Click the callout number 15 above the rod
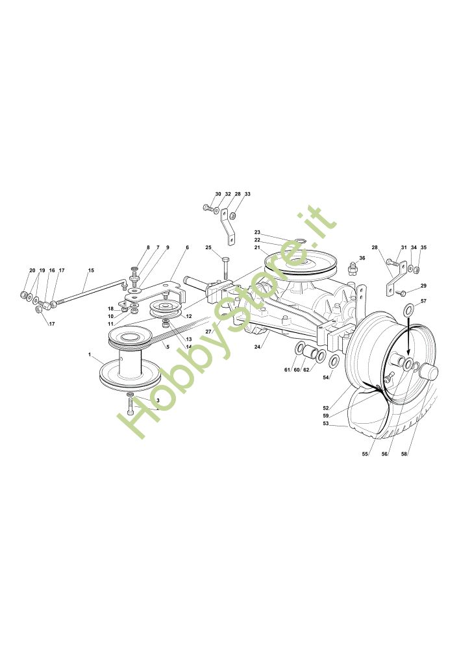click(x=91, y=270)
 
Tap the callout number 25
click(x=208, y=247)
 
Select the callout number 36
click(x=362, y=258)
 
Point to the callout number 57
click(x=423, y=301)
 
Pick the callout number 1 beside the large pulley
click(x=90, y=354)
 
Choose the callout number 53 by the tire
click(x=325, y=424)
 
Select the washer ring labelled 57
click(x=408, y=311)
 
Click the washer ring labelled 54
click(x=333, y=361)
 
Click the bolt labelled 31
click(x=391, y=263)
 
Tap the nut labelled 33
click(x=238, y=216)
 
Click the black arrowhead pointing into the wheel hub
click(x=408, y=354)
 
